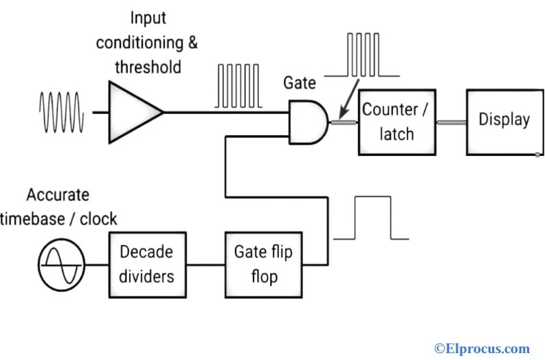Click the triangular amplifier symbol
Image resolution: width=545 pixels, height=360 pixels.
point(133,112)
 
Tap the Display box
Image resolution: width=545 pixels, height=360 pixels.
point(504,121)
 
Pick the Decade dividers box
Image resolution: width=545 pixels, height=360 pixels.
point(146,265)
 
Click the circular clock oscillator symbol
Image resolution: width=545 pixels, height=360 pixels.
point(61,265)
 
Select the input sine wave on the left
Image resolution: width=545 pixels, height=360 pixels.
point(62,112)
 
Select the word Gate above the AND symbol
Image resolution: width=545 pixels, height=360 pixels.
point(300,83)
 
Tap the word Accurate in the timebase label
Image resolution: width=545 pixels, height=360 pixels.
point(58,194)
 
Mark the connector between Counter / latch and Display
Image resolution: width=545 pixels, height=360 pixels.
point(451,121)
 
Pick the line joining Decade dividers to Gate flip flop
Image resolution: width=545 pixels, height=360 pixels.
point(205,265)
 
